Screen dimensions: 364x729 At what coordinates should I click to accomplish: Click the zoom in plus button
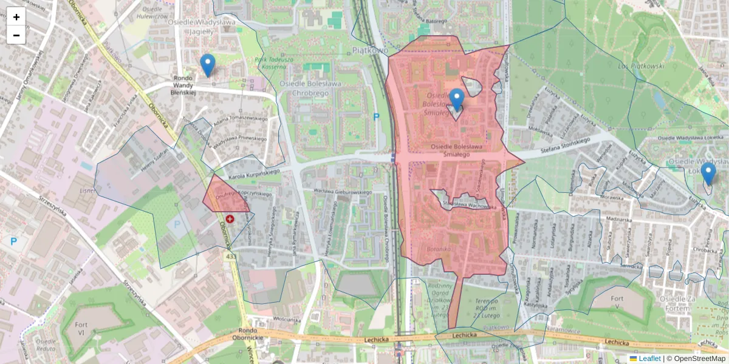16,17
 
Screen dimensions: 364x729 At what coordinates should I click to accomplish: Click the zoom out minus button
16,35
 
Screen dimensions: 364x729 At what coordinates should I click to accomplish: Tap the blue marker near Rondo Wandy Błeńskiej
208,65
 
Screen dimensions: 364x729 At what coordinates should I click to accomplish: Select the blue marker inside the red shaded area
456,99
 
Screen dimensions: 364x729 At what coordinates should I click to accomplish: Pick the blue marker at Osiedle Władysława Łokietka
708,174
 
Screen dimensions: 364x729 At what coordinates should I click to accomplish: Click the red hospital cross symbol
230,218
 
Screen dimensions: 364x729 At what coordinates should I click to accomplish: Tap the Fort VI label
81,328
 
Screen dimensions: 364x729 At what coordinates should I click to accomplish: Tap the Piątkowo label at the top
369,51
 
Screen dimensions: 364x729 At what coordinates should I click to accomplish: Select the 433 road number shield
230,257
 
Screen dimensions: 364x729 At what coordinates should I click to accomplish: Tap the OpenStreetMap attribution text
699,359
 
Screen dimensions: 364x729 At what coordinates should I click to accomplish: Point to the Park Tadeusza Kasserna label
275,63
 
